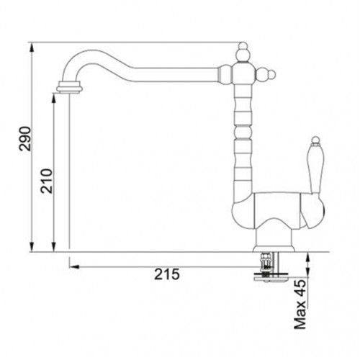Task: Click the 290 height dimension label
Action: [x=25, y=139]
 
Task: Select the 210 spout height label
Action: [x=47, y=181]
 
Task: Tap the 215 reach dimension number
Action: [x=167, y=274]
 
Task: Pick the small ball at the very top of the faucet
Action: [x=243, y=45]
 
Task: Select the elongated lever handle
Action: [x=315, y=168]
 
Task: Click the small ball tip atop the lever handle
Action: [x=315, y=140]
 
